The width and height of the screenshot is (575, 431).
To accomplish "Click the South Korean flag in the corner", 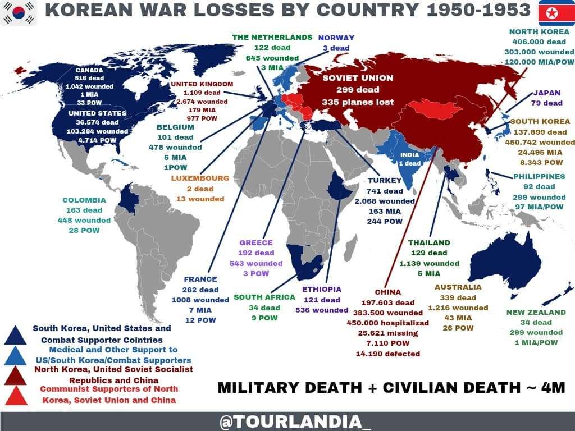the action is click(19, 13).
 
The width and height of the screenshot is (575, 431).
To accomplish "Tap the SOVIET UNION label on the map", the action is click(358, 78).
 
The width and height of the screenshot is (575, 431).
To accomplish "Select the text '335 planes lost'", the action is click(358, 102).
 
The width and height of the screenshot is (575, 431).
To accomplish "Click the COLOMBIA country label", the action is click(84, 200).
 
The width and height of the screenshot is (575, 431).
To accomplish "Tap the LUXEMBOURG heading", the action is click(200, 178).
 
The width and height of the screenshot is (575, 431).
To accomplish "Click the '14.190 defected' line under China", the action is click(387, 354).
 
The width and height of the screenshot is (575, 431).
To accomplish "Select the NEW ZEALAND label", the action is click(536, 312).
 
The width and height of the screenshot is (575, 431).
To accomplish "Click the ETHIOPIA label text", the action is click(322, 289).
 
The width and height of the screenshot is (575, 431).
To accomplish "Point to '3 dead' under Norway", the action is click(336, 48).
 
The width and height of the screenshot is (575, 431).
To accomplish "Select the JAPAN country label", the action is click(547, 93).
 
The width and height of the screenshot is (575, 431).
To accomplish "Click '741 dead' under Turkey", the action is click(385, 191).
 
